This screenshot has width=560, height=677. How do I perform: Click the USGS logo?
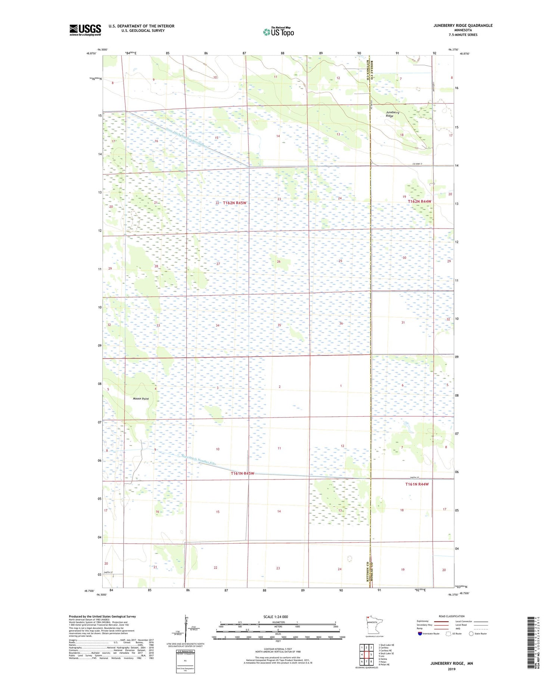click(x=85, y=30)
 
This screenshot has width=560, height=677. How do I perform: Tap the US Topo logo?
click(x=278, y=32)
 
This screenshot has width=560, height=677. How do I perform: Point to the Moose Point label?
click(x=141, y=399)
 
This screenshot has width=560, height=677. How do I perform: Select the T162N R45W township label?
click(x=235, y=203)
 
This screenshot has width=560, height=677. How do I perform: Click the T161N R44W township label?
click(x=417, y=484)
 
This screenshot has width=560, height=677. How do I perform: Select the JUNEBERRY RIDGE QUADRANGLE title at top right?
click(x=463, y=25)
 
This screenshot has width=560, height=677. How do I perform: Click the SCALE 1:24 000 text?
click(x=276, y=617)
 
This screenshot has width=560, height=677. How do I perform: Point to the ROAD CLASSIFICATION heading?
click(x=451, y=616)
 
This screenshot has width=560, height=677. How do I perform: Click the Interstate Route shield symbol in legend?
click(x=420, y=633)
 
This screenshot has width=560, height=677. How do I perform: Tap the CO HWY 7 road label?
click(x=417, y=164)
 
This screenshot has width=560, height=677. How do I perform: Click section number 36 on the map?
click(x=341, y=323)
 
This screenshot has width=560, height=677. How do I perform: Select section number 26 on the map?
click(x=279, y=261)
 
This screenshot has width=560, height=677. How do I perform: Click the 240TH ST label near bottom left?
click(x=108, y=573)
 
